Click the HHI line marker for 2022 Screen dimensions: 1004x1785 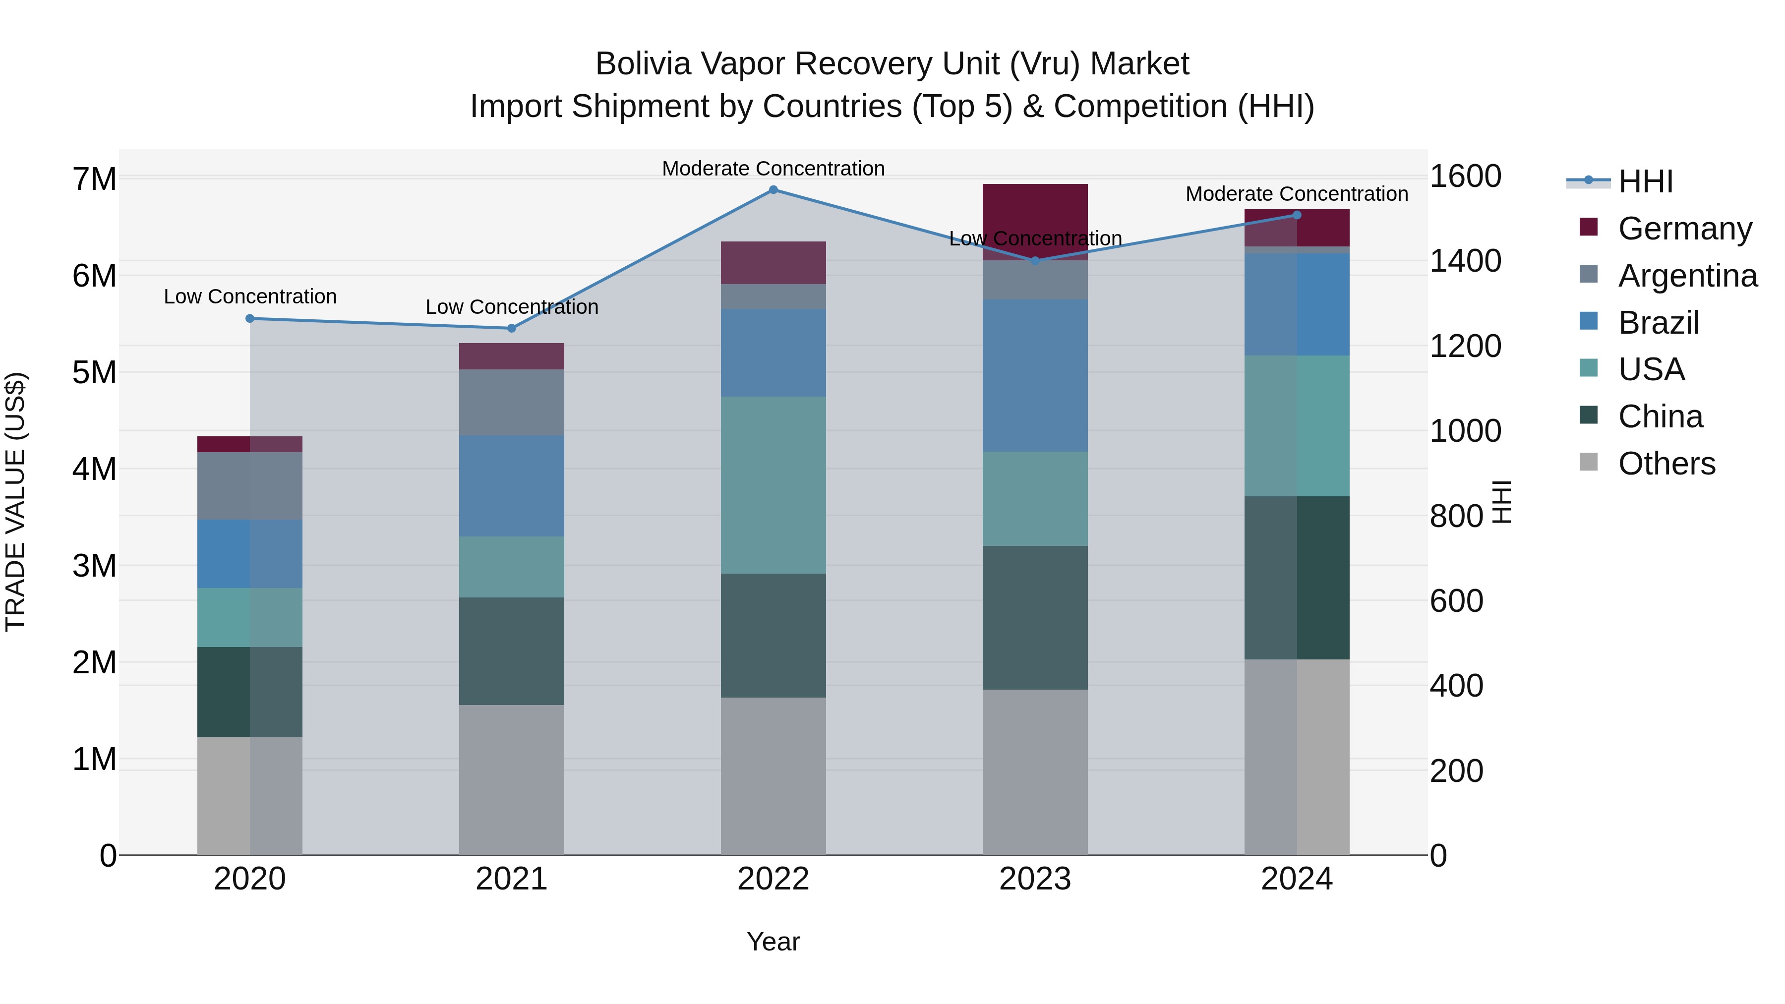pos(773,190)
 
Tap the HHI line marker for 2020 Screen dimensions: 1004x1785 pos(250,319)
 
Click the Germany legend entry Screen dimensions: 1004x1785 pos(1684,229)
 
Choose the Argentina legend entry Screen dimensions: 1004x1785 pos(1687,276)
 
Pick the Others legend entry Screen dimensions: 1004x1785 pos(1666,464)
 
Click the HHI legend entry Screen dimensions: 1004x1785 pos(1646,181)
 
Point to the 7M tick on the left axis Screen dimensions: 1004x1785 pos(94,179)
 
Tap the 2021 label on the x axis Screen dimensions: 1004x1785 pos(511,879)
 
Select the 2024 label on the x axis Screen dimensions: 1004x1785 pos(1297,879)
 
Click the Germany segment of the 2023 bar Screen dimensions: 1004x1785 pos(1035,222)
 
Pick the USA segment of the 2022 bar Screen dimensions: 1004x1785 pos(773,485)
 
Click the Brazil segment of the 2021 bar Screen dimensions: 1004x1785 pos(511,486)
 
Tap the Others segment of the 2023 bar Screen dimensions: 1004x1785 pos(1035,772)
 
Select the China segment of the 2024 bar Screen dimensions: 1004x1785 pos(1297,578)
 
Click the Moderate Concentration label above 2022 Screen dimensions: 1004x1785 pos(773,169)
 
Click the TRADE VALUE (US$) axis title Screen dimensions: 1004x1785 pos(15,502)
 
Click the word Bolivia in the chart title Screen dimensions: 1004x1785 pos(643,64)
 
